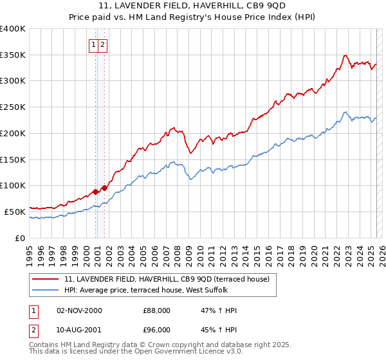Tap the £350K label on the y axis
12,55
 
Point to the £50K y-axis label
15,212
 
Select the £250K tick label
12,107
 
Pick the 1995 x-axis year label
29,250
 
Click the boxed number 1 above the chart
94,44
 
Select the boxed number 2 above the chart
103,44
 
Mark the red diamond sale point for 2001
104,188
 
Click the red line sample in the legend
45,279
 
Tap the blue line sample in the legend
45,290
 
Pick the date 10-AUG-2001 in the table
79,330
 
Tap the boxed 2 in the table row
33,330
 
